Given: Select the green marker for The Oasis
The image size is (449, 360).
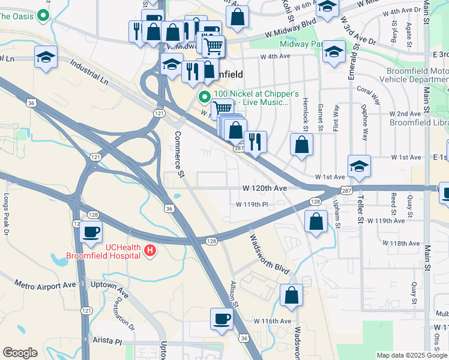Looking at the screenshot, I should pyautogui.click(x=43, y=16).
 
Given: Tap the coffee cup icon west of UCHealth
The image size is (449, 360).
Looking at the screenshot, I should pyautogui.click(x=91, y=231).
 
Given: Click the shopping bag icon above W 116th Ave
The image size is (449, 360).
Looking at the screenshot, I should pyautogui.click(x=291, y=295).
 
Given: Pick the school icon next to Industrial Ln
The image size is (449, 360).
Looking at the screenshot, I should pyautogui.click(x=46, y=57).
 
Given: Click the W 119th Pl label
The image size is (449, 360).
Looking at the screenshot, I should pyautogui.click(x=251, y=205).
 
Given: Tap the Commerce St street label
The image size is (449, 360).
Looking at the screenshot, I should pyautogui.click(x=179, y=155).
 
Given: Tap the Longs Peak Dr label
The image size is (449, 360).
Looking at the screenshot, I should pyautogui.click(x=7, y=213).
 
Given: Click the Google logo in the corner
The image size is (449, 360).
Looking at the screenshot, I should pyautogui.click(x=20, y=353).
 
